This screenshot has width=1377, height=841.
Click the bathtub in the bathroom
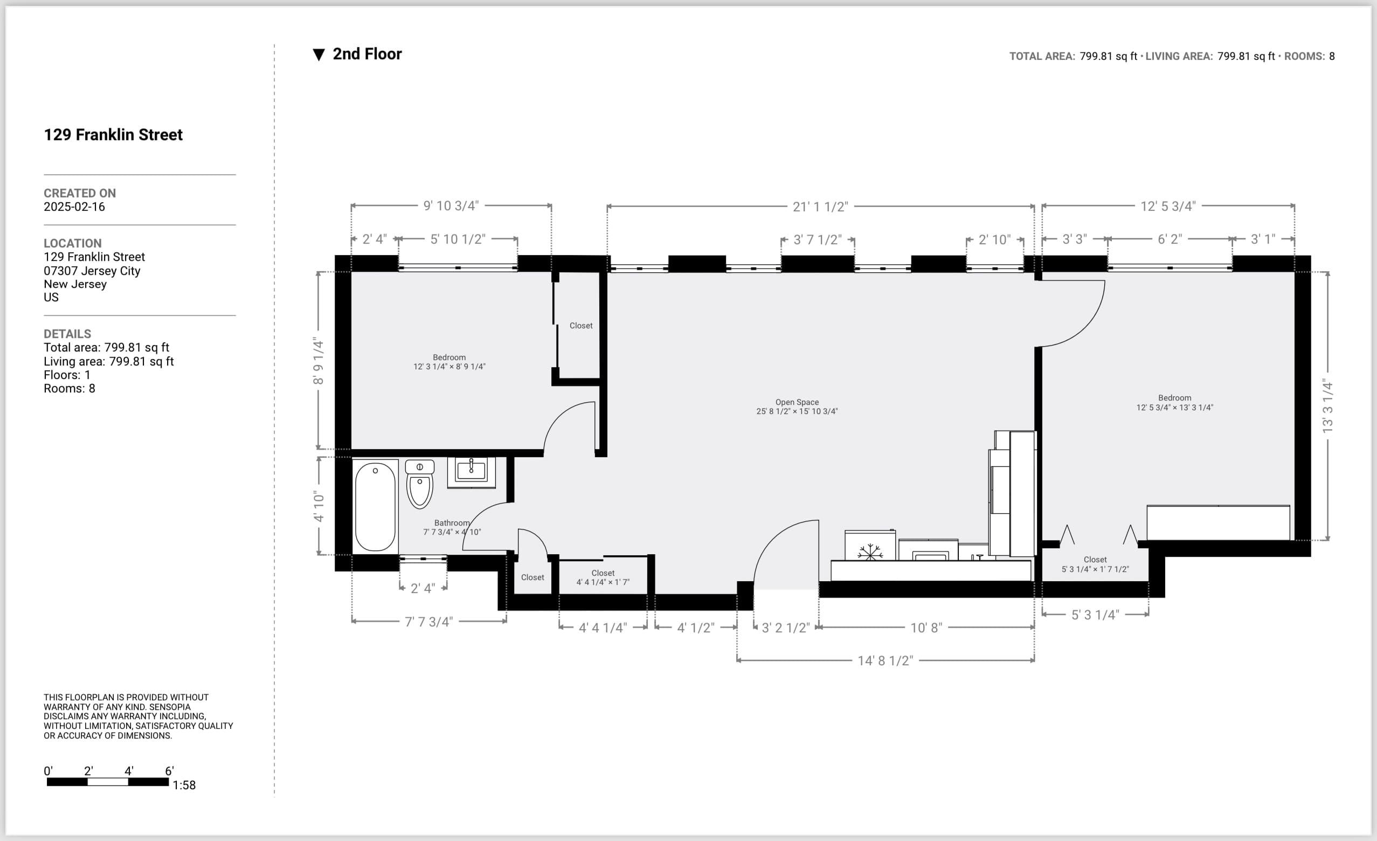pos(375,507)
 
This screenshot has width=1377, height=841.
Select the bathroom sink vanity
pos(471,472)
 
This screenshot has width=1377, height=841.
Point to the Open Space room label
pos(797,402)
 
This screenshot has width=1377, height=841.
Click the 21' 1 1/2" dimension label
pos(820,207)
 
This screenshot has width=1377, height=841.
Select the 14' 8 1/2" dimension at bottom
pos(885,661)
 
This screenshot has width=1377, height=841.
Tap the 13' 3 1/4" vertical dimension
pos(1328,406)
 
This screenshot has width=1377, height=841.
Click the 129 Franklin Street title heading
pos(113,135)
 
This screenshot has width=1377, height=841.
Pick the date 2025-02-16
pos(74,207)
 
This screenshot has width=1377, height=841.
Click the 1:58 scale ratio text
pos(184,785)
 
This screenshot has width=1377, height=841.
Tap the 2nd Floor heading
pos(367,54)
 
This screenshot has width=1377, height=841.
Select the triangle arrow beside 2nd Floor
pos(319,55)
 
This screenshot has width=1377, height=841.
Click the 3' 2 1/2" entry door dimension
pos(785,628)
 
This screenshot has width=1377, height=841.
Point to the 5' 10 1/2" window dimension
pos(458,239)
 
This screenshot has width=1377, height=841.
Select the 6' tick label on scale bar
pos(169,771)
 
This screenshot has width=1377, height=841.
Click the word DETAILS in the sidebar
pos(67,334)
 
